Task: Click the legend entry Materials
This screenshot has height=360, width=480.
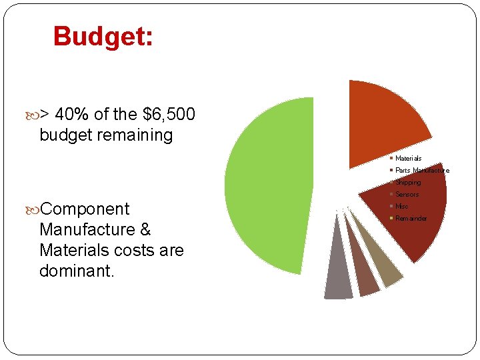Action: (408, 158)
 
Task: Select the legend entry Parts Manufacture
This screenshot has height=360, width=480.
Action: (422, 170)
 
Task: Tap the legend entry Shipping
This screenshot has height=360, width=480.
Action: (408, 182)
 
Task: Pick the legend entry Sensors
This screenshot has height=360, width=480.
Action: (407, 194)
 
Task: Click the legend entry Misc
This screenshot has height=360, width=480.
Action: (401, 206)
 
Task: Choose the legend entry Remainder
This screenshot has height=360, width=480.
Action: (411, 218)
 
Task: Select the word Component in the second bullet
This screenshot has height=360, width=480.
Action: (85, 209)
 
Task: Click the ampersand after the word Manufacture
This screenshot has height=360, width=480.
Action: (145, 230)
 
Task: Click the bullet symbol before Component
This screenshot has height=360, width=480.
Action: (34, 209)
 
